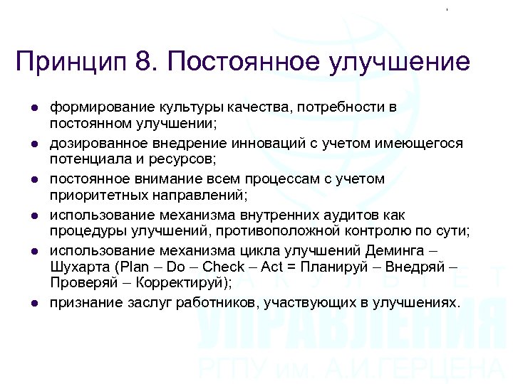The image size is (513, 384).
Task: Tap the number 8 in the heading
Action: [142, 61]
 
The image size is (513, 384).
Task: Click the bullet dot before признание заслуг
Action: [33, 304]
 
